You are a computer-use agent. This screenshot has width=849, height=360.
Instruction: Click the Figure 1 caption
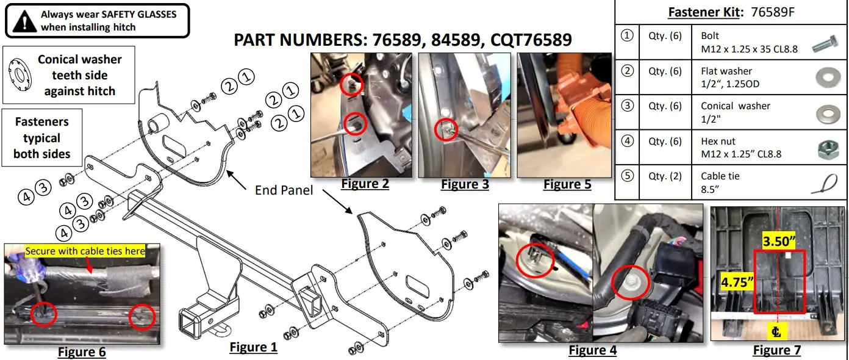click(253, 347)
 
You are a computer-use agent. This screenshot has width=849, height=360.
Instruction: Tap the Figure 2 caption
click(365, 184)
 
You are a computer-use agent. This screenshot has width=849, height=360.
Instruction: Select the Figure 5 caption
click(567, 184)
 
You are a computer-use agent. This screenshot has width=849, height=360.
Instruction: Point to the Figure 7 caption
click(776, 350)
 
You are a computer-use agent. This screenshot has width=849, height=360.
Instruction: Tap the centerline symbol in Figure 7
click(776, 332)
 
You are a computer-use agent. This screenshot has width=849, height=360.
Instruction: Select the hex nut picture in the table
click(828, 148)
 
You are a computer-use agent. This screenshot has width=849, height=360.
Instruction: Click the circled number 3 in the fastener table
click(627, 106)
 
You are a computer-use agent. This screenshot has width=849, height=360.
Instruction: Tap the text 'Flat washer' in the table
click(726, 71)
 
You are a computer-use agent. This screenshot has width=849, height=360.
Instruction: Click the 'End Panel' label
click(284, 190)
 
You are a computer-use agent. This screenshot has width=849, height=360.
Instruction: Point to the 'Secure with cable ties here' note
click(85, 251)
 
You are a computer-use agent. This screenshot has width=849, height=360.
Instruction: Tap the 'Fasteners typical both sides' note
click(42, 138)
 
